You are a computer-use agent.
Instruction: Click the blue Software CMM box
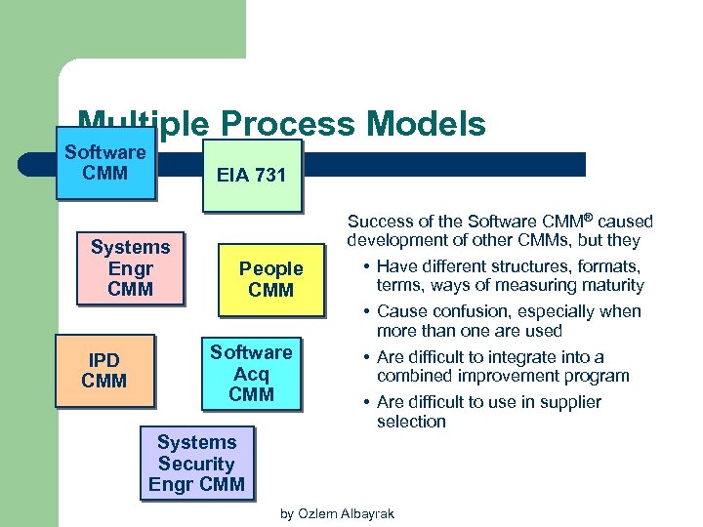(x=105, y=163)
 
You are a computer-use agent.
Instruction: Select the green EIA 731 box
(x=252, y=176)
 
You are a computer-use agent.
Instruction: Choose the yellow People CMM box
(x=270, y=279)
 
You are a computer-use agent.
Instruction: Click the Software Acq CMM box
(x=251, y=374)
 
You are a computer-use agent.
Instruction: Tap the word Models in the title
(x=429, y=124)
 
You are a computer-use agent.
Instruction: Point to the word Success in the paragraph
(x=378, y=223)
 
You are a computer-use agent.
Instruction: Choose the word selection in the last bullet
(x=411, y=422)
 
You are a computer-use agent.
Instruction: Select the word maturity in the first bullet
(x=609, y=285)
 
